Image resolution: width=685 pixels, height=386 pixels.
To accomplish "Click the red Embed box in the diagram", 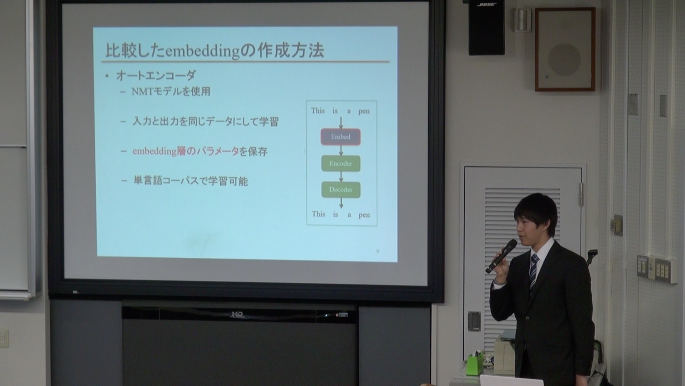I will (x=340, y=137).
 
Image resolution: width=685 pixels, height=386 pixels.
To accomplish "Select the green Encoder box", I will (x=341, y=163).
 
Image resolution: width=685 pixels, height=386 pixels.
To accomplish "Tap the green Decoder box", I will (x=341, y=190).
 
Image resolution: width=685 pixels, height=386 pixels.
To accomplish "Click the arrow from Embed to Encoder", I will (x=341, y=150).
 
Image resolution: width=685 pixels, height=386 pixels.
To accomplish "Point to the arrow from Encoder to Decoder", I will (x=341, y=177).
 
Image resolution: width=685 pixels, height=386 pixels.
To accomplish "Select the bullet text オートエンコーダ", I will (x=156, y=75).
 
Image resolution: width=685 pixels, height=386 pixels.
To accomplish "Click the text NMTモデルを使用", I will (x=171, y=92).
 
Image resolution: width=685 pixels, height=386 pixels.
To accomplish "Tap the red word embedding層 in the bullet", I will (x=159, y=151).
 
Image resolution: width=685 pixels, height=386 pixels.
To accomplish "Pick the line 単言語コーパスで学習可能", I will (x=190, y=181).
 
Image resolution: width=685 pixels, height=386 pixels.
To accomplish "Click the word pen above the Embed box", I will (x=364, y=112).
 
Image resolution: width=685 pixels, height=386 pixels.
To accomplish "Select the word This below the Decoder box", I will (x=318, y=214).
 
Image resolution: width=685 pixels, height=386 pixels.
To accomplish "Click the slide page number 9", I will (x=378, y=251).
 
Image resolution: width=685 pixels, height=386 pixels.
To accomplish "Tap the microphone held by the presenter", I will (x=501, y=256).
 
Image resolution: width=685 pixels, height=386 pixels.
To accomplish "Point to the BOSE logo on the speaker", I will (x=486, y=4).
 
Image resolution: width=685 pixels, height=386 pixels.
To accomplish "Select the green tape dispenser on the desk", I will (x=475, y=360).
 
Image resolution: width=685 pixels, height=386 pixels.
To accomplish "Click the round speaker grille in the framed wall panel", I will (x=564, y=60).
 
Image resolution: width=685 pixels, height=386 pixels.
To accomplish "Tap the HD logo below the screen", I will (x=237, y=314).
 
